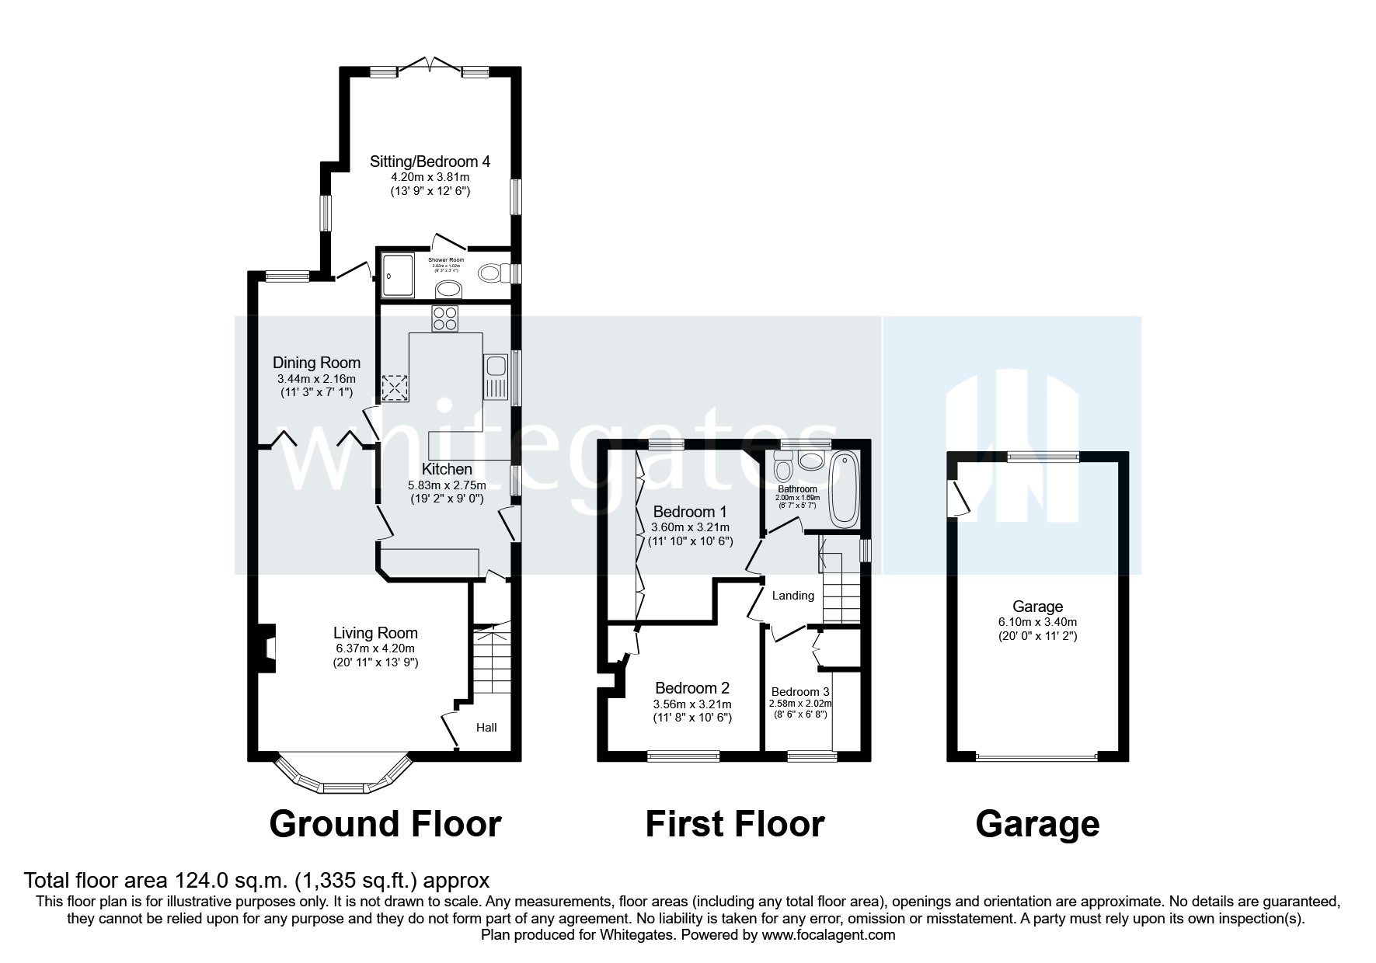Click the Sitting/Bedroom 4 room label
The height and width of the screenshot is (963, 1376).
pos(430,162)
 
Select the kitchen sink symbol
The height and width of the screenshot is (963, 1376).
pos(494,377)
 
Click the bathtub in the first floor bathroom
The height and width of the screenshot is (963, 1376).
pos(843,489)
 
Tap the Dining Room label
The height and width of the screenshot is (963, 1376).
pos(316,363)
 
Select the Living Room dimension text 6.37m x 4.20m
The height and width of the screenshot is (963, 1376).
pos(375,648)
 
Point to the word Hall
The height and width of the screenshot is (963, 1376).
pos(486,728)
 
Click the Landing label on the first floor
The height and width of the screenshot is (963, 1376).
pos(793,596)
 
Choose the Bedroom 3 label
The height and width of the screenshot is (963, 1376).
pos(800,692)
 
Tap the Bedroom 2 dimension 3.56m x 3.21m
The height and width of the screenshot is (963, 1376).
pos(691,704)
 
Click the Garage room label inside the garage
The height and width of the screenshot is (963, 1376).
pos(1037,607)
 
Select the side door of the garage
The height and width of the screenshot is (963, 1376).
pos(962,498)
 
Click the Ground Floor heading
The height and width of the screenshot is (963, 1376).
pos(385,824)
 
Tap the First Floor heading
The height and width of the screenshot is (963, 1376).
pos(734,824)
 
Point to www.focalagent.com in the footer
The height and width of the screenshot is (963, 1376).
pos(828,936)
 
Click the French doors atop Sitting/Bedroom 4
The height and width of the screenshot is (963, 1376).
pos(430,65)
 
